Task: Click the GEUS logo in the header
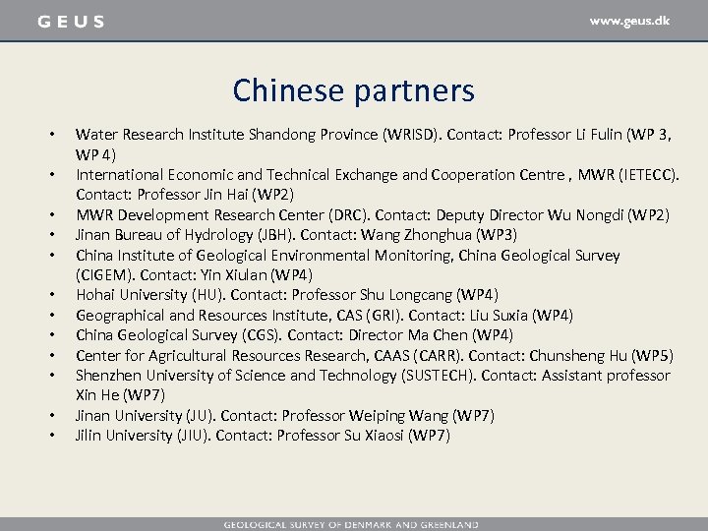pyautogui.click(x=71, y=21)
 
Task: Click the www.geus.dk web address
pyautogui.click(x=629, y=20)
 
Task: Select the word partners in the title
pyautogui.click(x=412, y=90)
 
